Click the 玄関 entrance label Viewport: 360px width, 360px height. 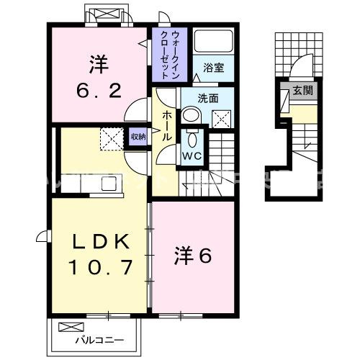click(302, 91)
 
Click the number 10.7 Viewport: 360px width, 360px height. click(101, 269)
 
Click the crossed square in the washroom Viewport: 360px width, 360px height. click(222, 118)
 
